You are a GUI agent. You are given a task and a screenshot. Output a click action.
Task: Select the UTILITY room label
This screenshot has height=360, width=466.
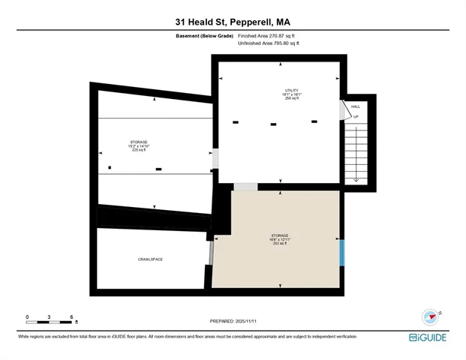point(281,91)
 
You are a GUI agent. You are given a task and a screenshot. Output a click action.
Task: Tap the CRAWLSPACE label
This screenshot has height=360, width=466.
point(150,259)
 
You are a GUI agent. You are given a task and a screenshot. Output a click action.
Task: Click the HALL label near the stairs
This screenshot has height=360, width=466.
point(356,106)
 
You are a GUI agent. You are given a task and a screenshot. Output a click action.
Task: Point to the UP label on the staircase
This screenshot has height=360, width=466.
point(356,117)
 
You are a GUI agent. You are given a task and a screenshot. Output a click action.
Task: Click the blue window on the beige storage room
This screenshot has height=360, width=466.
point(342,251)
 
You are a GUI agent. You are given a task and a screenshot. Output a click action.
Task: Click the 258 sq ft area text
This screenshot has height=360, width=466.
point(281,98)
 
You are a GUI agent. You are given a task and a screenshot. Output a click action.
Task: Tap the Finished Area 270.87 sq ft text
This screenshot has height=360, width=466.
point(268,35)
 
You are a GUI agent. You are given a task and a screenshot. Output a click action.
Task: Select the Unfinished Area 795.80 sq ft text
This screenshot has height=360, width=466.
point(268,43)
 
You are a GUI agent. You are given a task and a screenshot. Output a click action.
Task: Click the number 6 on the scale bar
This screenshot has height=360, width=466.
point(71,317)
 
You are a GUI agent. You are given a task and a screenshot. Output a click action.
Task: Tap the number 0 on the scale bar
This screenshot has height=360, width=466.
point(27,317)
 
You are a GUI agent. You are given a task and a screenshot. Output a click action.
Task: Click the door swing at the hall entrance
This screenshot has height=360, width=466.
point(344,110)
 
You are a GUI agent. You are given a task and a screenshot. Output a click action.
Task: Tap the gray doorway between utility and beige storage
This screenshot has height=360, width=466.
point(245,187)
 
